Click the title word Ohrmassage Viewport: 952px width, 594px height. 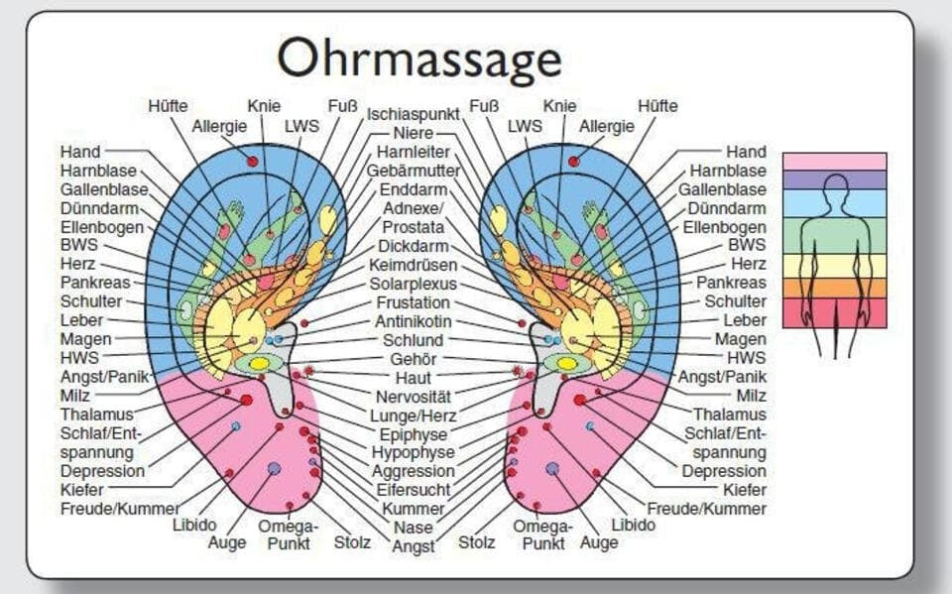[418, 59]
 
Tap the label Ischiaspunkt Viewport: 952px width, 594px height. [413, 114]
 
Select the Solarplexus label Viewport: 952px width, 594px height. [413, 284]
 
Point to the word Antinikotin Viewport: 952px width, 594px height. [414, 321]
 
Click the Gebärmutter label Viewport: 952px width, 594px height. [413, 171]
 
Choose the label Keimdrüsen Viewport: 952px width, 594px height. [413, 265]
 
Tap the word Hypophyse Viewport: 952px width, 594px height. [413, 452]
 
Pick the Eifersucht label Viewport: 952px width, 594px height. [413, 490]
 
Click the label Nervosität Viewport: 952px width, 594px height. [413, 397]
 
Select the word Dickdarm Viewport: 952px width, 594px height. [413, 246]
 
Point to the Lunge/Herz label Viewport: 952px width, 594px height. [413, 416]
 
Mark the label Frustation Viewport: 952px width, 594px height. [413, 302]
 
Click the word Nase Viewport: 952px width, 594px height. [413, 528]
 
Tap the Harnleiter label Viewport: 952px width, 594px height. [413, 152]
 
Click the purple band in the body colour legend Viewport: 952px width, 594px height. [834, 179]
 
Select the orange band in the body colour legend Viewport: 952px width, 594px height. [834, 288]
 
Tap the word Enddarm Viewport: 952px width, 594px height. [413, 189]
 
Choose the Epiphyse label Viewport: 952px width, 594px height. [413, 434]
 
